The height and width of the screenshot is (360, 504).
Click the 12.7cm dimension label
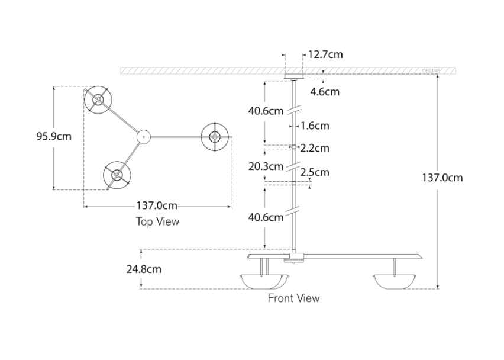[x=325, y=54]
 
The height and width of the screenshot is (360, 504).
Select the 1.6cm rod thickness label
[x=315, y=126]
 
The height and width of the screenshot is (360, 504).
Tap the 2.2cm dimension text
[x=315, y=148]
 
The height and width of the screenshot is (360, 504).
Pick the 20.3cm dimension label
[x=266, y=166]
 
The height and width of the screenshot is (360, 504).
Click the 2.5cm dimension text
[x=315, y=172]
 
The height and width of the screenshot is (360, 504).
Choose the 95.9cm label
[x=54, y=136]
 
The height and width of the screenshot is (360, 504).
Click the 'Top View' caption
[x=157, y=221]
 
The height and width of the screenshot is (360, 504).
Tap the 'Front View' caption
[x=293, y=298]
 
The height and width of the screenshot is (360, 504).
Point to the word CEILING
[x=431, y=70]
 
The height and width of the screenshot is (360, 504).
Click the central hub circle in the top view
[x=143, y=136]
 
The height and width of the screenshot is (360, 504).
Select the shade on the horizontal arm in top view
[x=214, y=136]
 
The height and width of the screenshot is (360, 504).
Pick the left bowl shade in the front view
[x=263, y=281]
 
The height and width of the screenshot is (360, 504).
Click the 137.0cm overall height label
[x=442, y=177]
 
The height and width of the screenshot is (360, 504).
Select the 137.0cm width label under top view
[x=157, y=206]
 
